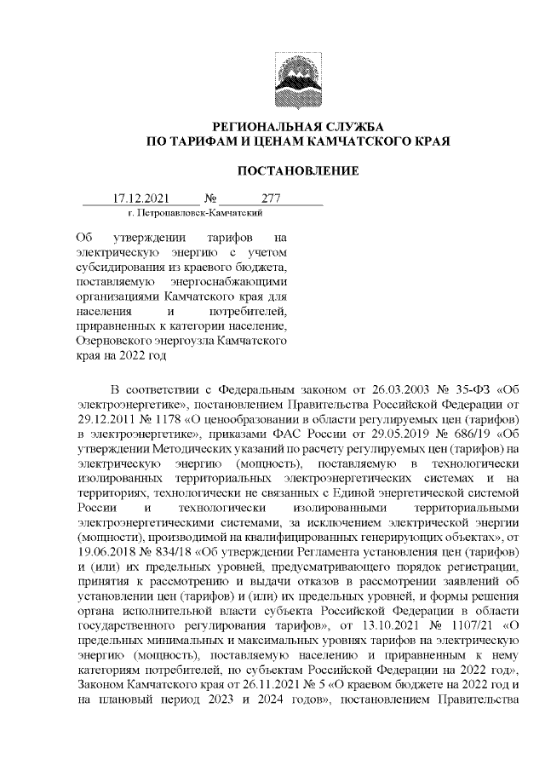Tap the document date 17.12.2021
(141, 199)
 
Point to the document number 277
(271, 199)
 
